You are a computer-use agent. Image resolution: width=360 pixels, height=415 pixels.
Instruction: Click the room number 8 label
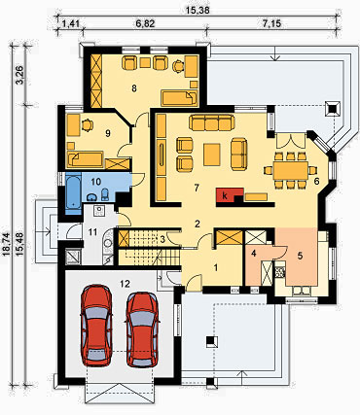pos(134,88)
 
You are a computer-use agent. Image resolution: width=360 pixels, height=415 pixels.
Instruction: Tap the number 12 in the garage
pos(126,284)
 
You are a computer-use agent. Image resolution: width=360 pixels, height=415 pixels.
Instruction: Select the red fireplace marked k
pos(230,195)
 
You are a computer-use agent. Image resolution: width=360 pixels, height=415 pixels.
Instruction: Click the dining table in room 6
pos(290,170)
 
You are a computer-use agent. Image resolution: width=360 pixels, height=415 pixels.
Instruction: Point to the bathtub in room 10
pos(74,193)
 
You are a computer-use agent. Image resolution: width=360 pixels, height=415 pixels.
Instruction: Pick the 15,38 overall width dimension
pos(198,10)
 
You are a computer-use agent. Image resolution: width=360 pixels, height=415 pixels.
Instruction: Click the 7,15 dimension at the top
pos(271,23)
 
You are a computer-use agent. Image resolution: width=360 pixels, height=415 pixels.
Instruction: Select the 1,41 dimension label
pos(70,23)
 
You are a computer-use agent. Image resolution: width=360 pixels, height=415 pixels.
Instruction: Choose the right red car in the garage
pos(142,329)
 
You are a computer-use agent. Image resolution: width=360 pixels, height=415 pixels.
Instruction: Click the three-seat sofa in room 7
pos(211,121)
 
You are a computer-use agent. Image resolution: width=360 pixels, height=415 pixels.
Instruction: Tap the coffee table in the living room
pos(212,155)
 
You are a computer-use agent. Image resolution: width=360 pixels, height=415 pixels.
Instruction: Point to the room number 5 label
pos(300,256)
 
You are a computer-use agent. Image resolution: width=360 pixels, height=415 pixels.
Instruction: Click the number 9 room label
pos(108,133)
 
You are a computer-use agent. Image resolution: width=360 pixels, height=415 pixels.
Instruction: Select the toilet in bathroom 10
pos(105,194)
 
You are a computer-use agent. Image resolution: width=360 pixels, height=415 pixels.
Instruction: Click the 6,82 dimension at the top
pos(145,23)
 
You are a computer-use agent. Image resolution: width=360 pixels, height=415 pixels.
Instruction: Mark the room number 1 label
pos(215,267)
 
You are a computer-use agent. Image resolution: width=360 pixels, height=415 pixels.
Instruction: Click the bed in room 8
pos(179,98)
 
